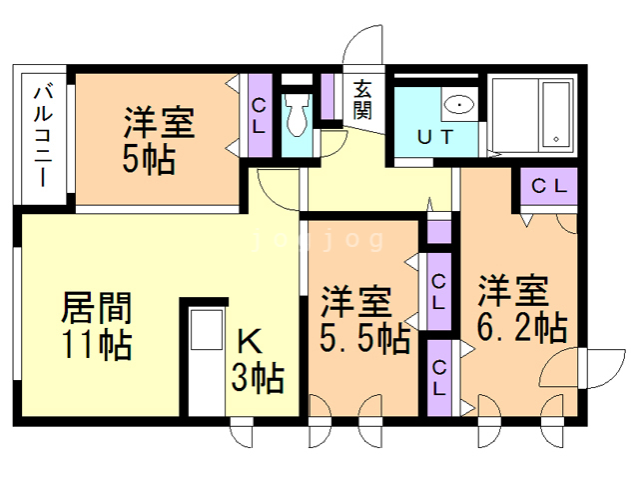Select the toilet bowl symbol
point(296,120)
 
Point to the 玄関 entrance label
point(361,98)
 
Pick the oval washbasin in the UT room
point(457,103)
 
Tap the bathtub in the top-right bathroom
point(554,114)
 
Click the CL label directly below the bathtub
point(547,185)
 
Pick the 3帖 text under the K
point(259,378)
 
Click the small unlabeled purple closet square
point(437,232)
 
